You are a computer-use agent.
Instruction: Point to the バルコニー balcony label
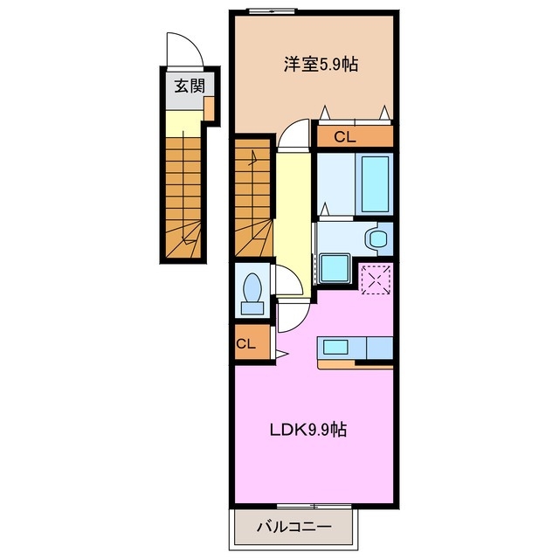click(x=294, y=528)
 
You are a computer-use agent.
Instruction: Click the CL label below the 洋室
click(x=345, y=136)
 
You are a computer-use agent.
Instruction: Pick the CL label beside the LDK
click(x=245, y=343)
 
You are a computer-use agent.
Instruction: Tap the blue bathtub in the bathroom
click(x=375, y=184)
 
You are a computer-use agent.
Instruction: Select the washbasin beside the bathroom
click(x=377, y=238)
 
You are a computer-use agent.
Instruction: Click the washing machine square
click(x=334, y=267)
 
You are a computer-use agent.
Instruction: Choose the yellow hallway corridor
click(x=293, y=218)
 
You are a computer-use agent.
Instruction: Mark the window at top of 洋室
click(x=272, y=10)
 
